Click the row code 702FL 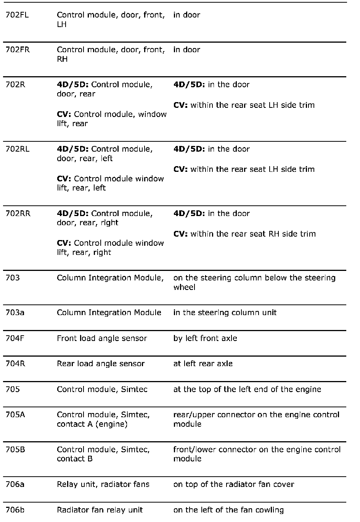pyautogui.click(x=17, y=15)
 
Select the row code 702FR pyautogui.click(x=18, y=50)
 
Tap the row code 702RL pyautogui.click(x=18, y=149)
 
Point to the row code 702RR pyautogui.click(x=18, y=214)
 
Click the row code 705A pyautogui.click(x=16, y=415)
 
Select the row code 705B pyautogui.click(x=16, y=450)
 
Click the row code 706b pyautogui.click(x=15, y=510)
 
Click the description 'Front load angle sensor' pyautogui.click(x=102, y=338)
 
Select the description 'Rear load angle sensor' pyautogui.click(x=101, y=364)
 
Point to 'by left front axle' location pyautogui.click(x=205, y=338)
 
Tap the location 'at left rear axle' pyautogui.click(x=203, y=364)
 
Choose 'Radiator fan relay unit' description pyautogui.click(x=100, y=510)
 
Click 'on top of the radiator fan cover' pyautogui.click(x=234, y=485)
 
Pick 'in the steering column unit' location pyautogui.click(x=225, y=313)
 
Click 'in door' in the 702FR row pyautogui.click(x=187, y=50)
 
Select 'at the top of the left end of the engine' pyautogui.click(x=247, y=389)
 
